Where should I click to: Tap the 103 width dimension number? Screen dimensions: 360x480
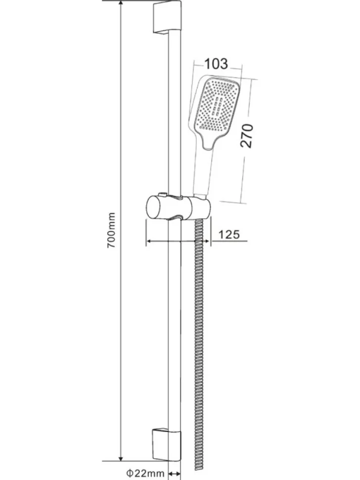[216, 64]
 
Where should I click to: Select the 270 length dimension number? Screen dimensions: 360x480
[247, 136]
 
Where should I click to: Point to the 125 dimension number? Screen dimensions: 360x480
[229, 235]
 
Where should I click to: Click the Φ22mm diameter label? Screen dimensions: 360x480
[145, 473]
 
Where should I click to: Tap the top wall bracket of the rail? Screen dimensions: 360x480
[166, 17]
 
